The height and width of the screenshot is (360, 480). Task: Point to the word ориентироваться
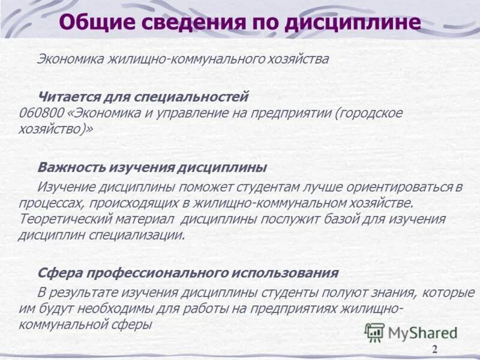point(401,187)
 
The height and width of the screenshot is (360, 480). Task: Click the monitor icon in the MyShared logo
point(375,332)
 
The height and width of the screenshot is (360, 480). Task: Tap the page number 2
point(434,350)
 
